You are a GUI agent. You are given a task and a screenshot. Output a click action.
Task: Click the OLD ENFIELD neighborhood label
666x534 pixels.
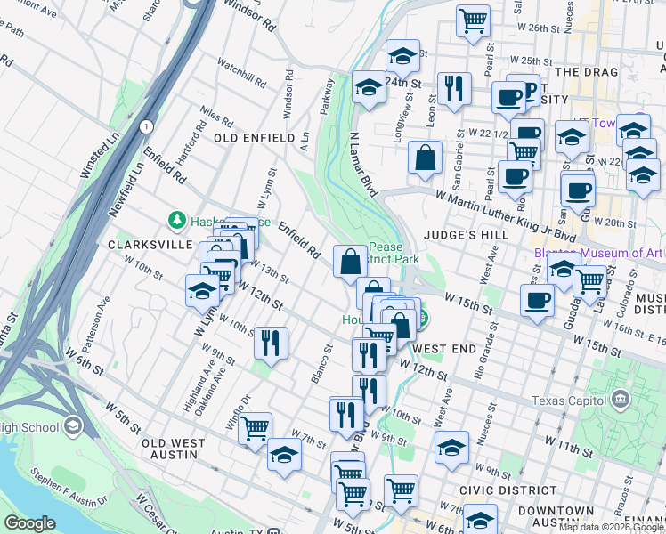(254, 138)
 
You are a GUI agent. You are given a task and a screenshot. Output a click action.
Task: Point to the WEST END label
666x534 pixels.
(444, 348)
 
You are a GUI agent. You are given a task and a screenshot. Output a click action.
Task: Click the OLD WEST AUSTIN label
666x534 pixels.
(168, 449)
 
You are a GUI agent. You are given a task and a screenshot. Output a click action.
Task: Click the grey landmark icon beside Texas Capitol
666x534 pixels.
(619, 400)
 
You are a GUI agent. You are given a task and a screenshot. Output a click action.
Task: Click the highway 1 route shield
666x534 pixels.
(144, 127)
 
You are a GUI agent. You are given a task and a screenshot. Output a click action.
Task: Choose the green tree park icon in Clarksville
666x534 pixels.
(177, 220)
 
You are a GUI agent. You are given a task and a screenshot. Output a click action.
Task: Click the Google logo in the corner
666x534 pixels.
(29, 523)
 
